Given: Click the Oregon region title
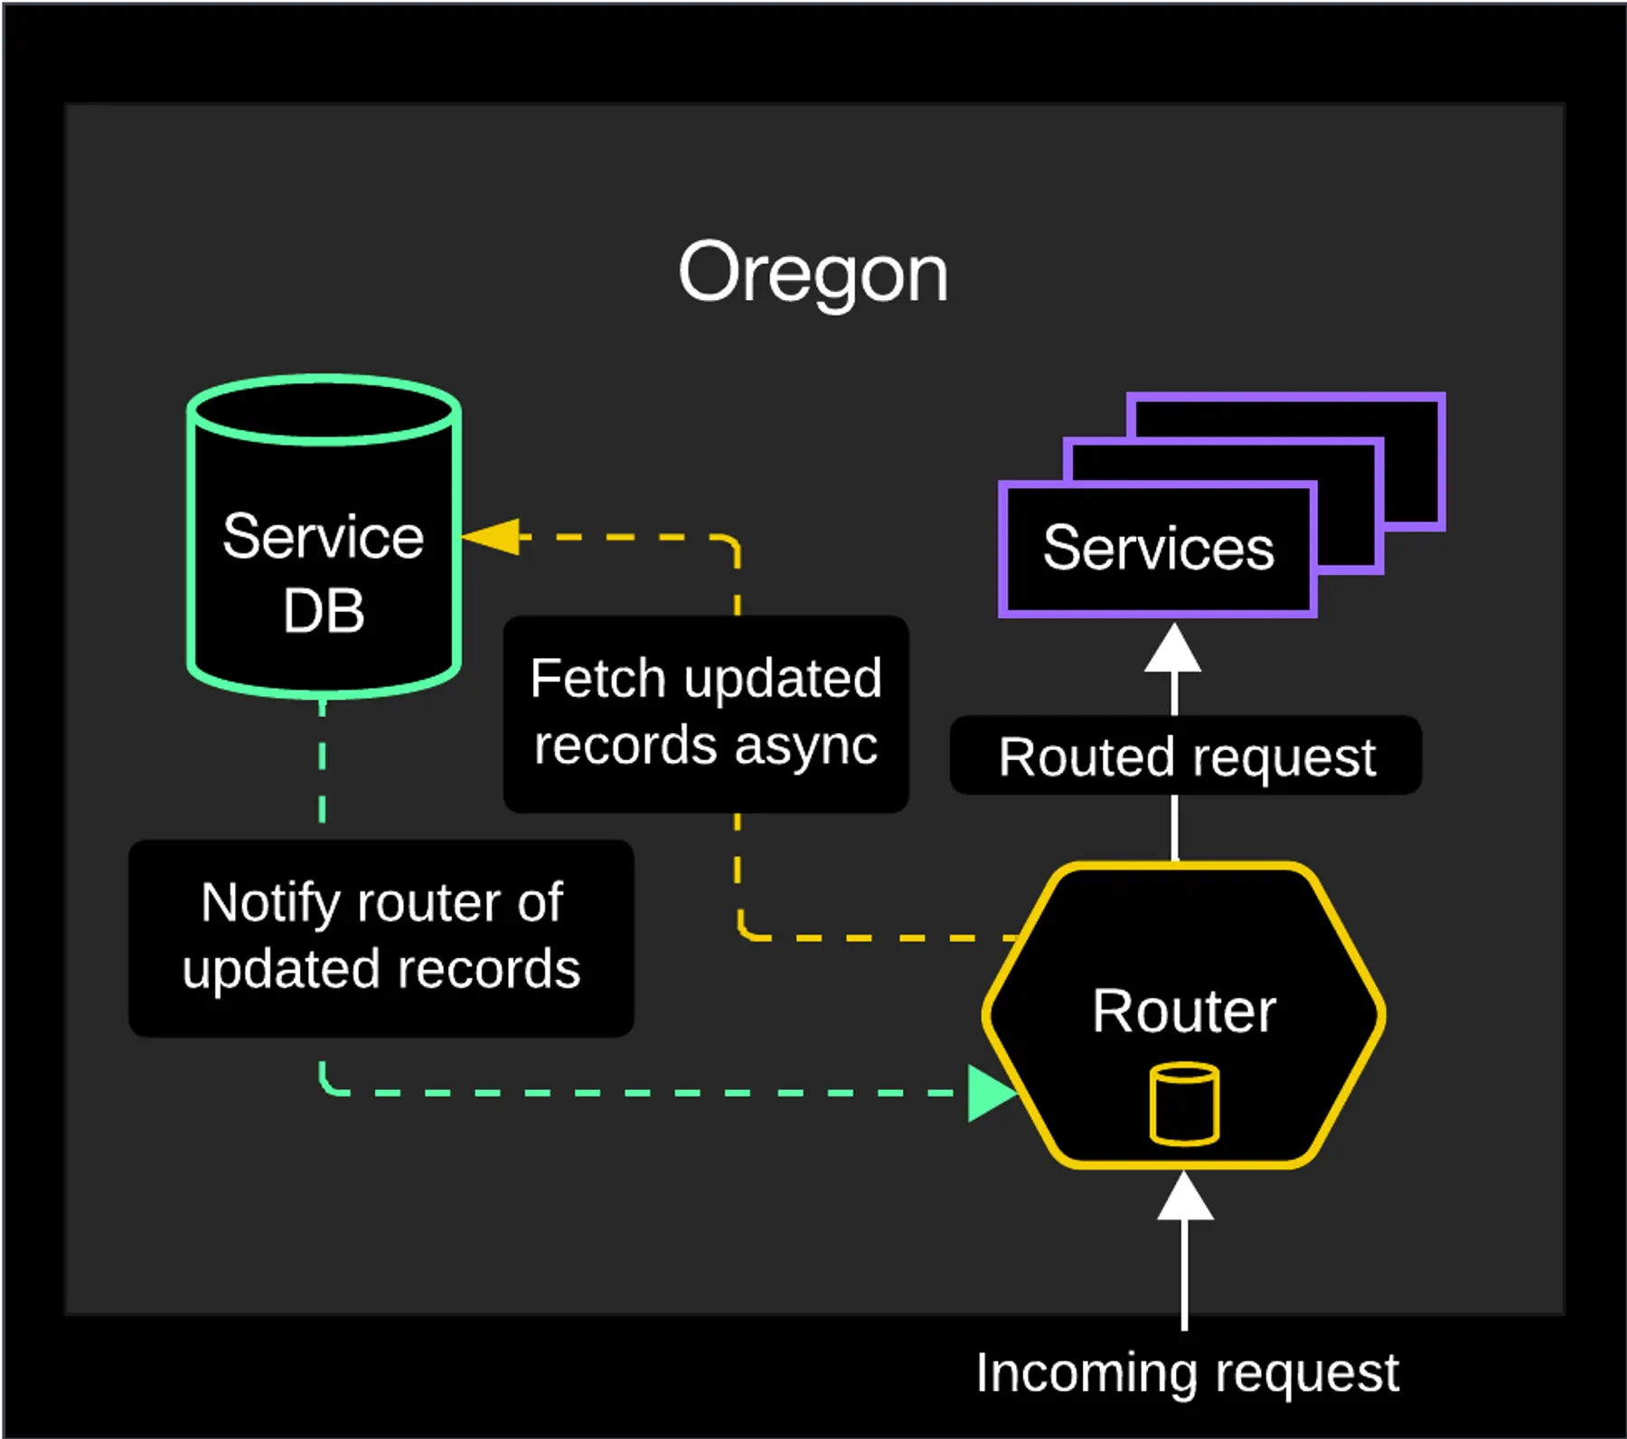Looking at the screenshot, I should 813,273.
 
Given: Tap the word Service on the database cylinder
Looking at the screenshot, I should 323,537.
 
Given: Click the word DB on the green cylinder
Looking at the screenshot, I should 323,611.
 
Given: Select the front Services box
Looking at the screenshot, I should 1157,549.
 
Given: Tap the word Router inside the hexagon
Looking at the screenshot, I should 1183,1011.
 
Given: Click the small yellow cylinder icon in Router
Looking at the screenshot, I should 1184,1105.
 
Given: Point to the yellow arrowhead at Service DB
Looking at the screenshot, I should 493,537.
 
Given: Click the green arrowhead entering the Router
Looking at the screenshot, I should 991,1093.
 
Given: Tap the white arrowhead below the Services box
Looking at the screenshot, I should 1173,649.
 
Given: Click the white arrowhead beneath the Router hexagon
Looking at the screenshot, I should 1185,1197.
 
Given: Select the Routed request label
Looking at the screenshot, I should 1186,757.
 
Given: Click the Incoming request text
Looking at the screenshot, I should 1187,1373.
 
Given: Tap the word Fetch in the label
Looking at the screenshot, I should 597,679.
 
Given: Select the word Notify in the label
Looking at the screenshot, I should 270,903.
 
